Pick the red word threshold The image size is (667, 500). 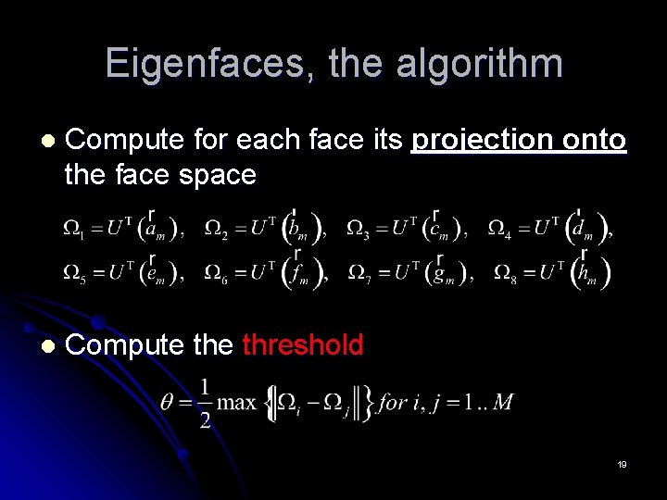(x=303, y=345)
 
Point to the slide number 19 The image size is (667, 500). (x=623, y=464)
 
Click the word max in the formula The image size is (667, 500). (x=238, y=402)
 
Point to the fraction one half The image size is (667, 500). (x=205, y=402)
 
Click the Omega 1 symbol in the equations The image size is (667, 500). (x=72, y=229)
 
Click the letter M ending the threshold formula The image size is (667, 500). (x=503, y=402)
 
